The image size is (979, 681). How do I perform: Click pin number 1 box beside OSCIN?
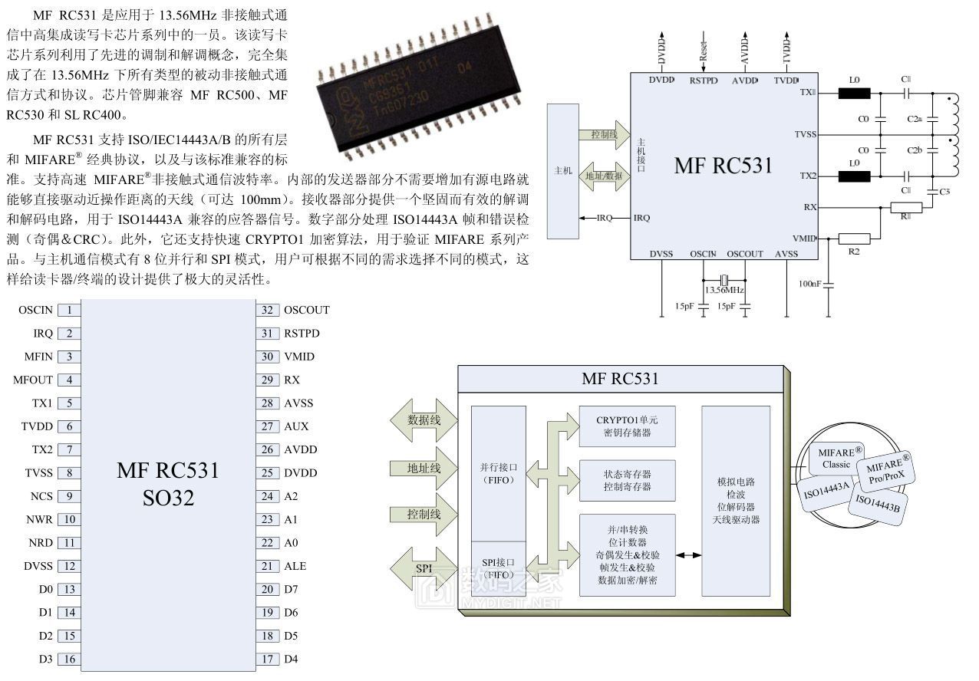69,310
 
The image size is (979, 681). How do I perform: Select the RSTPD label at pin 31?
302,334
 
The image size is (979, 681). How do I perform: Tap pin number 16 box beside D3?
69,659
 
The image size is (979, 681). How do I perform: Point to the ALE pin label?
295,566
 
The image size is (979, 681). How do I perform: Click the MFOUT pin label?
33,380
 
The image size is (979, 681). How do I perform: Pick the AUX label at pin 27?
295,426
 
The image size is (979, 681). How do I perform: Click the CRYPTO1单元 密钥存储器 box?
627,426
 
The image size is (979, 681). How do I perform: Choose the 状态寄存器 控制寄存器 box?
627,480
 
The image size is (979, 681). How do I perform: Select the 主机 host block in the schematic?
563,170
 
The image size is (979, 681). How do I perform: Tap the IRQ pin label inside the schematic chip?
641,218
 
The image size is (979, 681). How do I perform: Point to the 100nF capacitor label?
809,284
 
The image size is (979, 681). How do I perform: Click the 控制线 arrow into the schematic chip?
604,134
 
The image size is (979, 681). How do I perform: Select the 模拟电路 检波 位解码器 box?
736,501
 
